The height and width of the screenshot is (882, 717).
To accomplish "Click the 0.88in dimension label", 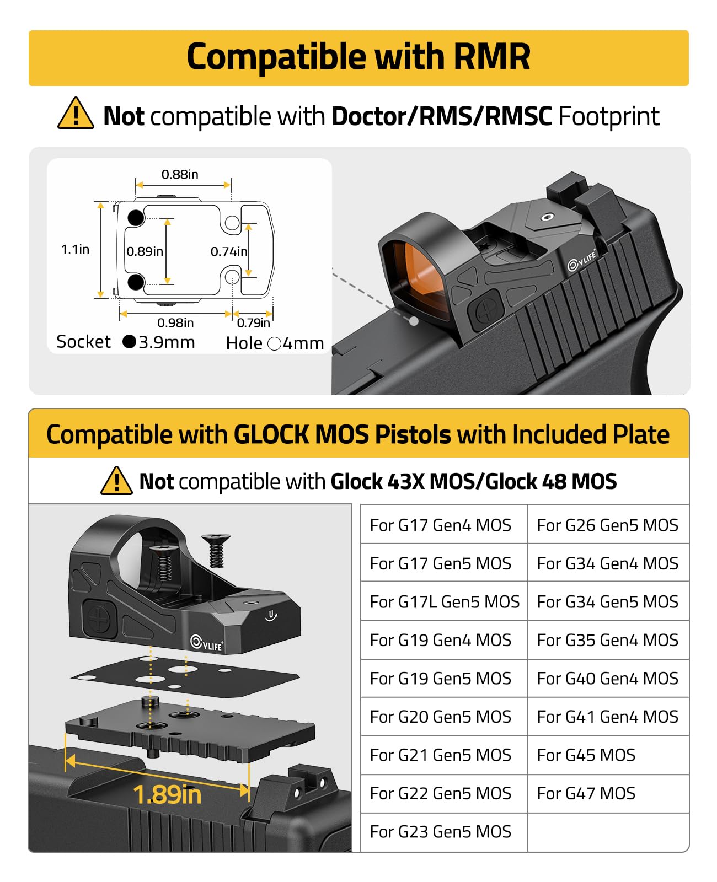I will (180, 174).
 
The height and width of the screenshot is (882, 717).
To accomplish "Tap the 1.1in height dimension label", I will (75, 249).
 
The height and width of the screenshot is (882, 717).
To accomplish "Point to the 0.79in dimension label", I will (254, 322).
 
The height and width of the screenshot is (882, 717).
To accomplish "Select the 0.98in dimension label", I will (175, 322).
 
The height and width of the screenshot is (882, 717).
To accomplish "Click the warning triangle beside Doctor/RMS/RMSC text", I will (76, 114).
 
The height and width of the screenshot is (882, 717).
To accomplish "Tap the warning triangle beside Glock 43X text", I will (116, 481).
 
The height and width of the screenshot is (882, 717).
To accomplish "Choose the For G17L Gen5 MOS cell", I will (444, 601).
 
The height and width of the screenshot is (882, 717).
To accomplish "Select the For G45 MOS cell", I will (586, 755).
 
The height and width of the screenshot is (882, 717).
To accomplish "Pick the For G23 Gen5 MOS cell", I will (441, 831).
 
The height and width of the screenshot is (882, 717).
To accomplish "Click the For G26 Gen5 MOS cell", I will (607, 525).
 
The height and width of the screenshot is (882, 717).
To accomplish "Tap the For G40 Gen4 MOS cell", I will (607, 678).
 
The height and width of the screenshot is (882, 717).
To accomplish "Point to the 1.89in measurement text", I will (167, 795).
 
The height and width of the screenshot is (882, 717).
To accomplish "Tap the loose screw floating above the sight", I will (216, 550).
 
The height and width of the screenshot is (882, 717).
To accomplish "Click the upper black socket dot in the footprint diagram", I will (136, 218).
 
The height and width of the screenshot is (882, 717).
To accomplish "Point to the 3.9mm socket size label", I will (166, 342).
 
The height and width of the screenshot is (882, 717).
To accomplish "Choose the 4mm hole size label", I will (303, 343).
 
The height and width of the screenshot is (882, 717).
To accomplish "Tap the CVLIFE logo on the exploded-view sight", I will (207, 642).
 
